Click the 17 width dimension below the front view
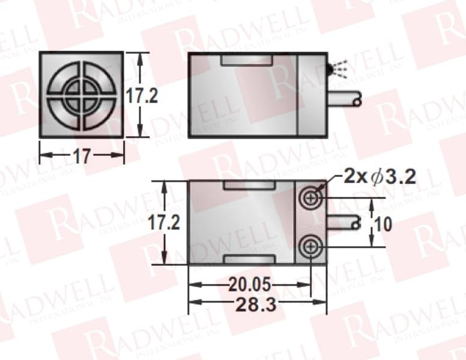coord(81,157)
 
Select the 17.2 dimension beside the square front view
coord(142,95)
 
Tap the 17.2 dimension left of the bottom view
coord(165,223)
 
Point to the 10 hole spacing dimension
coord(383,224)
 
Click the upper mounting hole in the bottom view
coord(310,197)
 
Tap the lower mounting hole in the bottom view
coord(310,246)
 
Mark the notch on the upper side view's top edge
coord(248,60)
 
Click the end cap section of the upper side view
coord(312,95)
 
